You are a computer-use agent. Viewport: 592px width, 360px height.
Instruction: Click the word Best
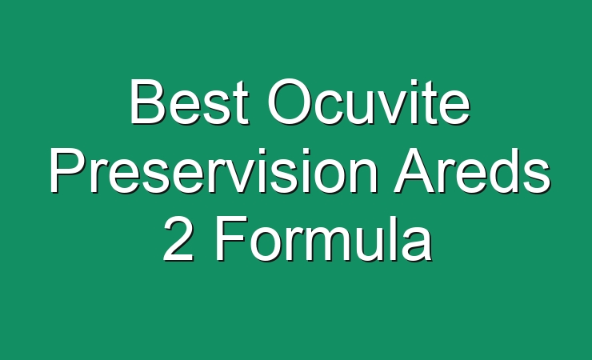[x=189, y=101]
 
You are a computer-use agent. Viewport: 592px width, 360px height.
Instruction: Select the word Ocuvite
[x=369, y=101]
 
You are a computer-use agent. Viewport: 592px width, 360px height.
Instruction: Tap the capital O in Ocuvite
[x=290, y=101]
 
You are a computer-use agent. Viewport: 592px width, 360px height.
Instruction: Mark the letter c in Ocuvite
[x=332, y=107]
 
